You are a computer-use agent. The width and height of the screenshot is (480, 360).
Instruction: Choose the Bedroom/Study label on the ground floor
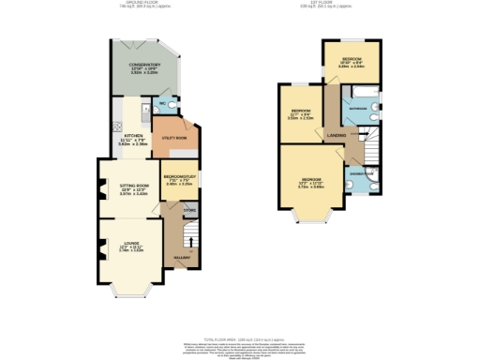(x=179, y=177)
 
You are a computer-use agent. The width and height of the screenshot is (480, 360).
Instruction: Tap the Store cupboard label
(x=188, y=211)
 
